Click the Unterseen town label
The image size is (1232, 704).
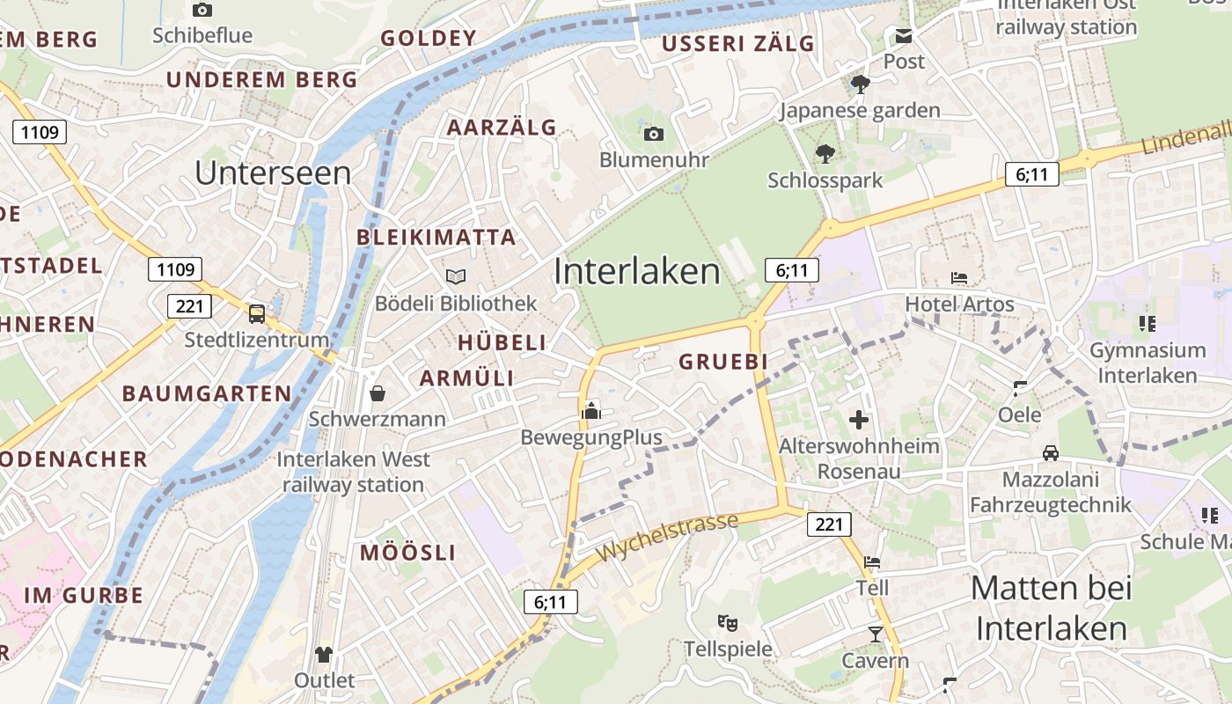click(x=273, y=172)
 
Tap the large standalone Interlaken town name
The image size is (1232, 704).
click(x=637, y=271)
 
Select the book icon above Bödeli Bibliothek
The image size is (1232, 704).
click(x=456, y=276)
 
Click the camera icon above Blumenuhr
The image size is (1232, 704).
click(x=653, y=134)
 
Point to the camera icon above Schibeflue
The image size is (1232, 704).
click(x=202, y=10)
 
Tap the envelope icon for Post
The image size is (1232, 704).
click(x=904, y=36)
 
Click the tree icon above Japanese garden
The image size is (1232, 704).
click(x=860, y=84)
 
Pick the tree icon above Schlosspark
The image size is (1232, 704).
click(x=825, y=154)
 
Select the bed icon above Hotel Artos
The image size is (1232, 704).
click(x=959, y=278)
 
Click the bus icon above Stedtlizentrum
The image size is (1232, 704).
click(x=257, y=313)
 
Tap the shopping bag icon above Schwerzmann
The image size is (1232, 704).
click(x=378, y=392)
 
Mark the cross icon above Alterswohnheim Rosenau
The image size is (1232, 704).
click(x=859, y=420)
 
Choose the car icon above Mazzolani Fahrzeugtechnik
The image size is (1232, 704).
click(x=1050, y=453)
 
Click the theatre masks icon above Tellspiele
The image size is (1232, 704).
click(x=728, y=623)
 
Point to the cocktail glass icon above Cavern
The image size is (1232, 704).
click(x=875, y=634)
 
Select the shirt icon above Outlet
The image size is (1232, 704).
click(x=324, y=654)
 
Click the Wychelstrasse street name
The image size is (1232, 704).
click(x=667, y=537)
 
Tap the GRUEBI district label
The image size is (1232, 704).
click(x=723, y=362)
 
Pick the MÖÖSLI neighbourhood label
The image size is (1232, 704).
click(x=408, y=553)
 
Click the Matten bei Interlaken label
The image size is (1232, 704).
click(x=1052, y=608)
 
